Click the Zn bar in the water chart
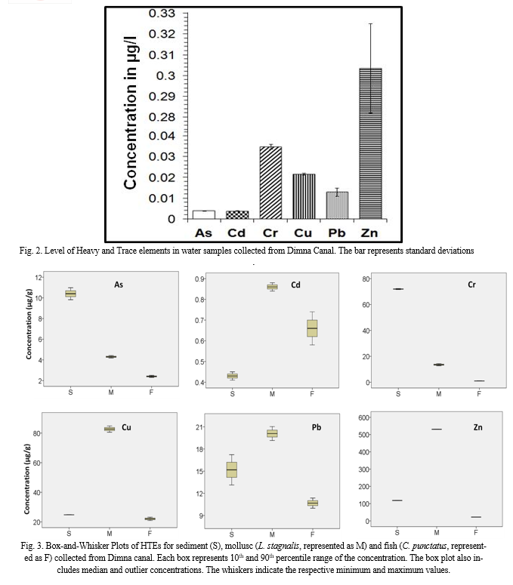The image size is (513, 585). tap(369, 143)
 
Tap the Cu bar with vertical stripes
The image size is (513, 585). tap(304, 196)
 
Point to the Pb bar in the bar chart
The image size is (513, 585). tap(337, 205)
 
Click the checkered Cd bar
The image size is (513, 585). tap(237, 215)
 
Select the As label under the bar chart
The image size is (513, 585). tap(204, 232)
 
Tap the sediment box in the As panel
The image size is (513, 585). tap(70, 294)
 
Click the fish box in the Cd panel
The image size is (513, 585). tap(312, 328)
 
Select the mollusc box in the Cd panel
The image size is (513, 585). tap(272, 287)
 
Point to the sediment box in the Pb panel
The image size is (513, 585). tap(232, 470)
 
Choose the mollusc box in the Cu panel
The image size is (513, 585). tap(110, 429)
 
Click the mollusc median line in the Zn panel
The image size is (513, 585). tap(437, 430)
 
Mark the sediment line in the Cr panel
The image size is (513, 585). tap(397, 289)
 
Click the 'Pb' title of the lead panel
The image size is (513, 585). tap(317, 427)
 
